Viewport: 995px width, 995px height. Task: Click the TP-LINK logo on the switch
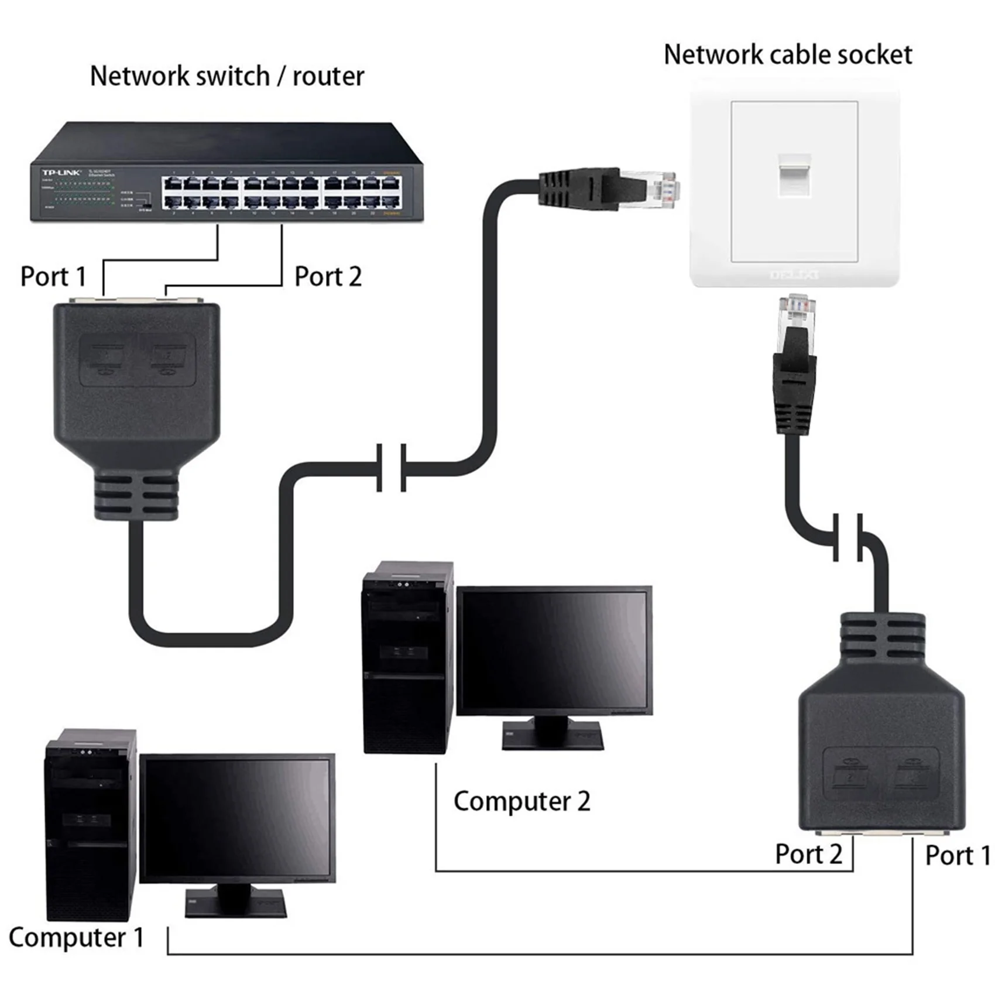tap(61, 172)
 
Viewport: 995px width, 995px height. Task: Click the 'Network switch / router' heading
tap(227, 77)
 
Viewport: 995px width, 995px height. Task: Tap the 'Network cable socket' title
tap(787, 55)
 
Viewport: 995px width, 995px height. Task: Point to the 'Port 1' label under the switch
tap(53, 276)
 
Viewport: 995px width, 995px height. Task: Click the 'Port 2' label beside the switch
tap(328, 276)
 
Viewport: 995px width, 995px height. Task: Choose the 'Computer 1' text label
tap(76, 937)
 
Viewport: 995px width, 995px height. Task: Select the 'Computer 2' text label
tap(521, 801)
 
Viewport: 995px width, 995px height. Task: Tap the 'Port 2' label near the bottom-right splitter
tap(808, 854)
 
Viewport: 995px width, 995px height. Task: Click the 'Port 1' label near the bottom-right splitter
tap(958, 855)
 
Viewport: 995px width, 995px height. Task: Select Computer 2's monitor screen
tap(554, 650)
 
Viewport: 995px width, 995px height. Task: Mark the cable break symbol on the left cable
tap(391, 468)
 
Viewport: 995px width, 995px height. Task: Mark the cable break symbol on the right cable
tap(847, 537)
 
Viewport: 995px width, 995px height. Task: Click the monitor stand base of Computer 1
tap(236, 905)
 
